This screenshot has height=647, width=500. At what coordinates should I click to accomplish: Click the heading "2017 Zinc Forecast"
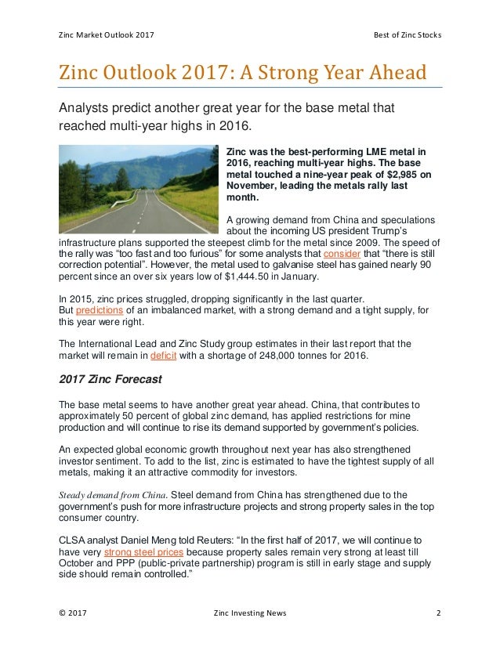110,380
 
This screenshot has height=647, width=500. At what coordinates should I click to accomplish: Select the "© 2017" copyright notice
73,613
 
